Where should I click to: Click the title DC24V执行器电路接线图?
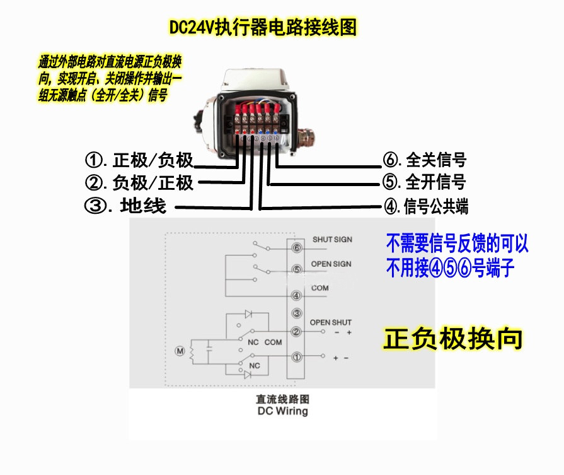tap(263, 28)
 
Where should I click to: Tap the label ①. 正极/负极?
tap(139, 160)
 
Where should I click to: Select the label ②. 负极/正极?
tap(139, 182)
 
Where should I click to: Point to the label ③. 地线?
tap(125, 206)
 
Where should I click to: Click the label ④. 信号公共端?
tap(426, 206)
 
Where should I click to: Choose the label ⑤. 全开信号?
tap(424, 182)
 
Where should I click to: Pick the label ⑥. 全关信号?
tap(425, 160)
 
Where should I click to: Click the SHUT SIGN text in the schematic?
tap(332, 240)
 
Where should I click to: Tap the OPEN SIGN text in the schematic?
tap(331, 264)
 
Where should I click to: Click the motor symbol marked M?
tap(180, 351)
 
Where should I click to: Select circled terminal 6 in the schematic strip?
tap(296, 248)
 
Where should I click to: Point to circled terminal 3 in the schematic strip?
tap(296, 313)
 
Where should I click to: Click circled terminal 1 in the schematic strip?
tap(296, 357)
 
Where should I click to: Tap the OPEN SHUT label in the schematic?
tap(331, 322)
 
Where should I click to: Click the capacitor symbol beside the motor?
tap(208, 348)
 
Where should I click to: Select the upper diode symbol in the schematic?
tap(248, 314)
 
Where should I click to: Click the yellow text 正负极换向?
tap(453, 339)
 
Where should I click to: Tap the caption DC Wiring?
tap(283, 411)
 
